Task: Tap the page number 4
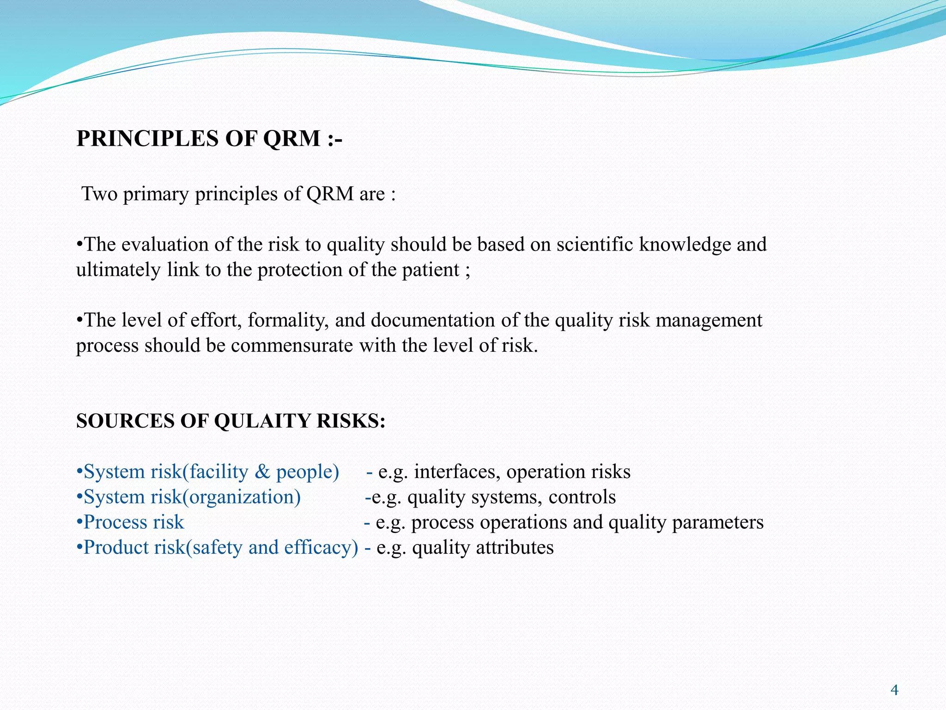894,691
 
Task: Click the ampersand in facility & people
262,472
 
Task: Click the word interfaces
457,472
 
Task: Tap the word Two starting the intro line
99,194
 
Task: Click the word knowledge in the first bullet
685,245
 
